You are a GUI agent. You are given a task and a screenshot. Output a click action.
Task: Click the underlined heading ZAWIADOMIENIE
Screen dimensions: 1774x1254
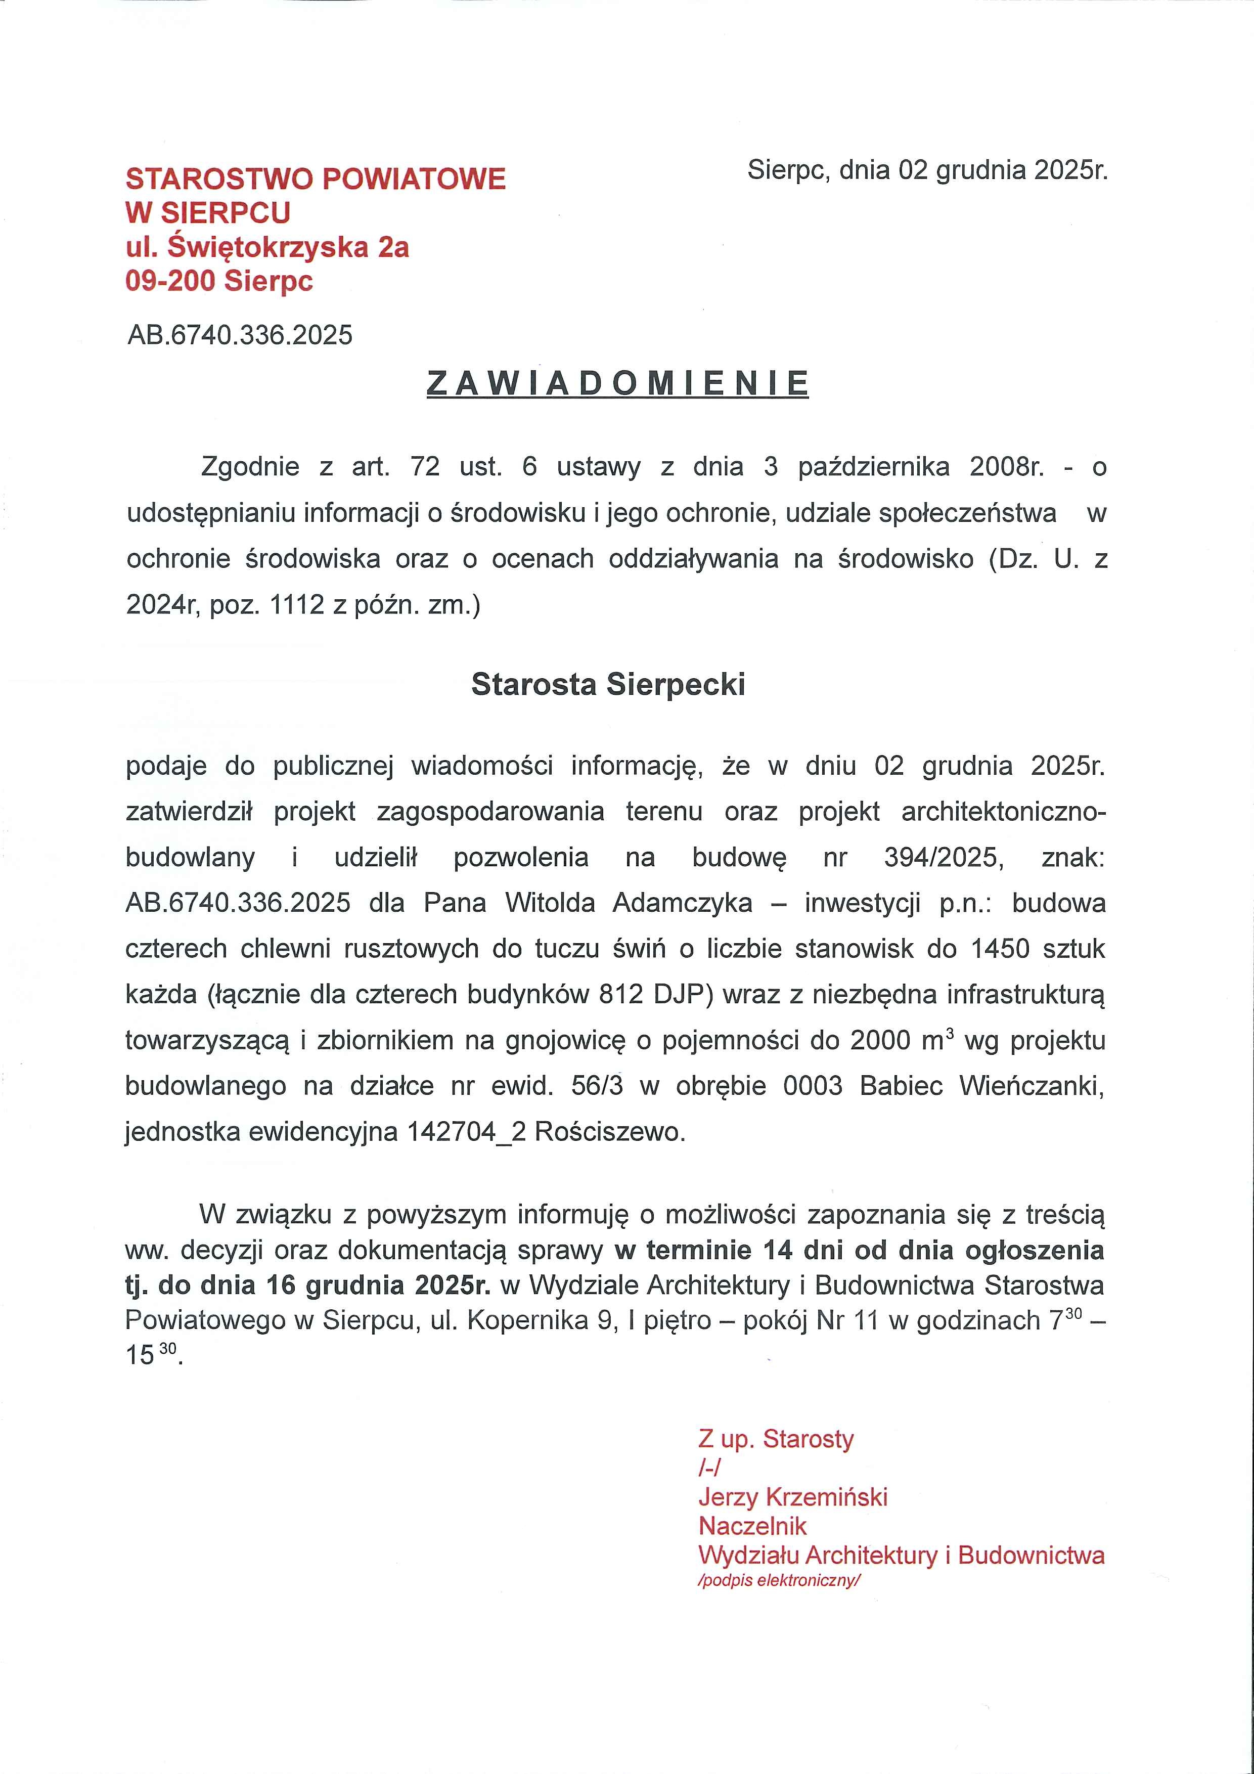click(617, 384)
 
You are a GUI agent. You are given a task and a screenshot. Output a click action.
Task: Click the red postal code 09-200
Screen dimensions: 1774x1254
click(170, 281)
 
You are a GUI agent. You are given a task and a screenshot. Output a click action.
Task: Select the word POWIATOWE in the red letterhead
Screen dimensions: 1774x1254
click(413, 179)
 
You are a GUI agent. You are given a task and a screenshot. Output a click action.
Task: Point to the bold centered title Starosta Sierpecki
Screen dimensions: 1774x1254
click(608, 685)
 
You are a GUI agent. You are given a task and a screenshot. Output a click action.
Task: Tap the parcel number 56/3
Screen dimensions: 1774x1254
click(597, 1086)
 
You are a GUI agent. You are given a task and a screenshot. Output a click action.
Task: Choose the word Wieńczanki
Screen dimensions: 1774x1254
click(1031, 1086)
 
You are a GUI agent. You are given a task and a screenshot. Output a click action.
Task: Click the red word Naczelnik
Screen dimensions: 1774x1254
click(752, 1526)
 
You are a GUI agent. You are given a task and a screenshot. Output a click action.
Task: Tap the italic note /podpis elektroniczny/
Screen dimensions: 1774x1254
click(779, 1580)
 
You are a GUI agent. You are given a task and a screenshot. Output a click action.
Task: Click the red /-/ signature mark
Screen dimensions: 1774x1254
click(708, 1468)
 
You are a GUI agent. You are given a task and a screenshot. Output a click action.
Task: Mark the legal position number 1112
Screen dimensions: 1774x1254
click(297, 604)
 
